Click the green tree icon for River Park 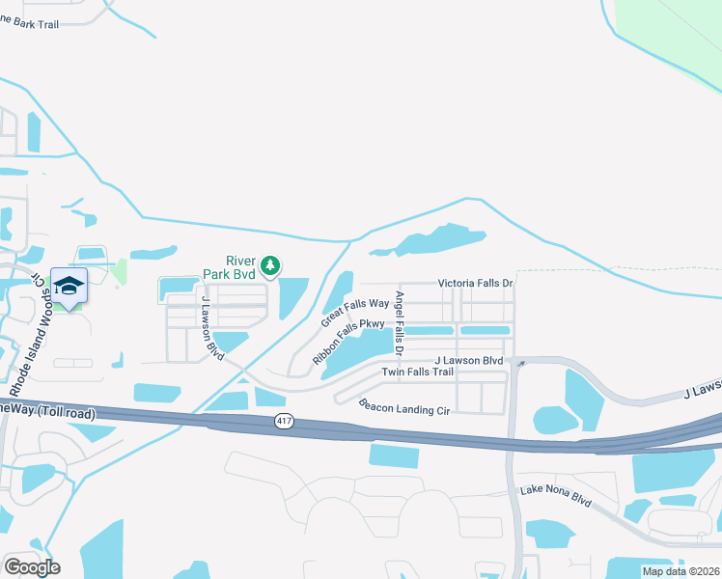pos(271,263)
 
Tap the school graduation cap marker pos(69,286)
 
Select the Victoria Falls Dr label pos(475,283)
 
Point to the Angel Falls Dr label pos(401,322)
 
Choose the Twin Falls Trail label pos(417,372)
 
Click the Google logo pos(32,566)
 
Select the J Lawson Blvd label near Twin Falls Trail pos(469,360)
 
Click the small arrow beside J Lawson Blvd pos(520,364)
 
